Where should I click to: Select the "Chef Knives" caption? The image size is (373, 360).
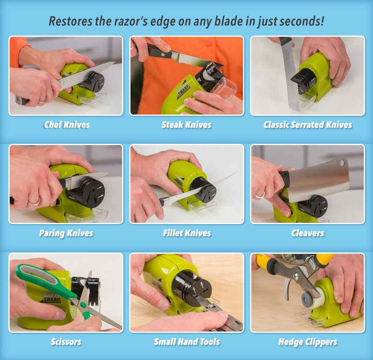click(66, 125)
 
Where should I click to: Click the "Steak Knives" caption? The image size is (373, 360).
click(186, 125)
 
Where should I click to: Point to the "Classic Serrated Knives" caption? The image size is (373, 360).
click(308, 125)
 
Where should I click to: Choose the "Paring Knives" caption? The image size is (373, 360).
click(66, 233)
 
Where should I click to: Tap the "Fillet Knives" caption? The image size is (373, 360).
click(187, 233)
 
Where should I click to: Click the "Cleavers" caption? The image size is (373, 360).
click(308, 233)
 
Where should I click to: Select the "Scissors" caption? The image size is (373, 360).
click(66, 342)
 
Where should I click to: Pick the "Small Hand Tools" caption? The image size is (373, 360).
click(187, 342)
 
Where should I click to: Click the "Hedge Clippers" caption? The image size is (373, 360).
click(308, 342)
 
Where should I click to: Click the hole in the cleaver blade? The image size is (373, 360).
click(342, 163)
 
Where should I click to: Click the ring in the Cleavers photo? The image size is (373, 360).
click(260, 195)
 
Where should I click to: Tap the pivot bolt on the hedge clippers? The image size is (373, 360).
click(296, 276)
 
